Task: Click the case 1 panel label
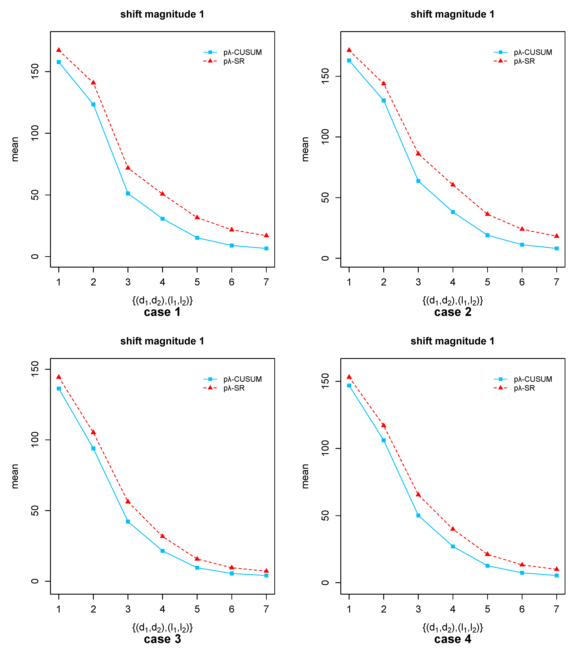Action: pyautogui.click(x=162, y=312)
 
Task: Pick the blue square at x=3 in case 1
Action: pyautogui.click(x=128, y=193)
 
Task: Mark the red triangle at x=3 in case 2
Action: pyautogui.click(x=418, y=153)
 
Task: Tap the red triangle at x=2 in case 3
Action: pyautogui.click(x=93, y=432)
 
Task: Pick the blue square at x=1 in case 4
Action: pyautogui.click(x=349, y=386)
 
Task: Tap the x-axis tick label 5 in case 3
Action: pyautogui.click(x=197, y=609)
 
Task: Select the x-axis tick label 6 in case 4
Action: pyautogui.click(x=522, y=609)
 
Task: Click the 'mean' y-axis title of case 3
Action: pyautogui.click(x=15, y=476)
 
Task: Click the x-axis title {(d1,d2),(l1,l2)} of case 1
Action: pyautogui.click(x=162, y=301)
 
